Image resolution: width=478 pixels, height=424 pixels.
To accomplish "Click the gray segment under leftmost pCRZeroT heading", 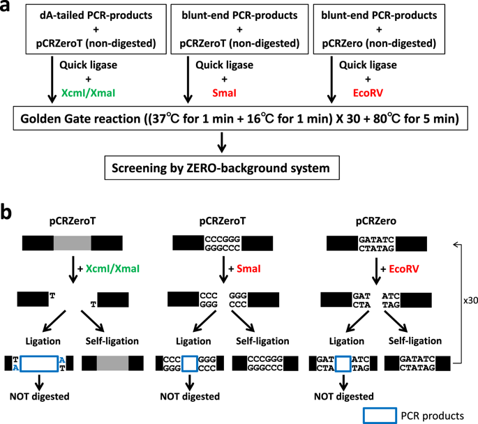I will pyautogui.click(x=72, y=242).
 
